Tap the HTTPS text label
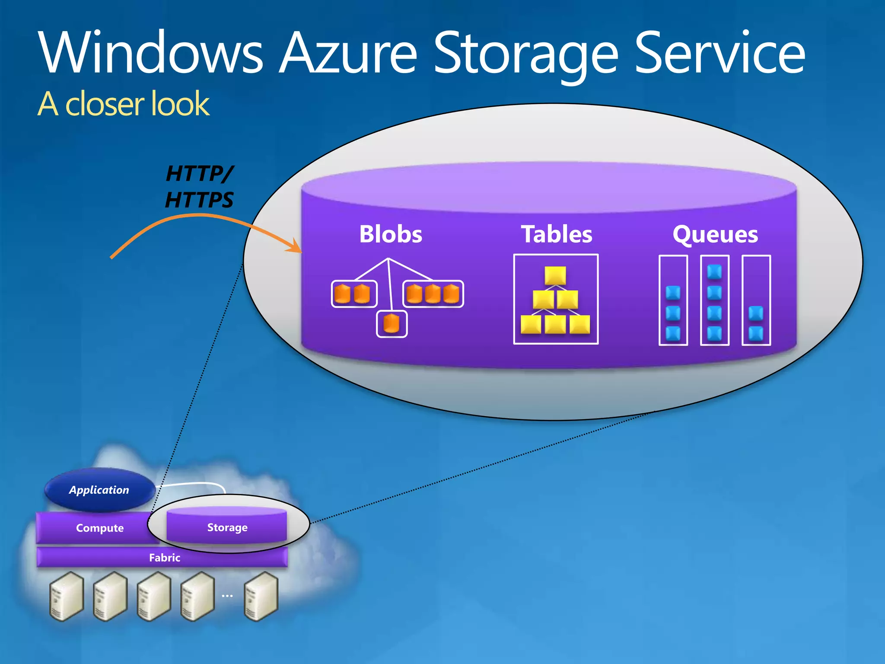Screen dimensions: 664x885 (199, 200)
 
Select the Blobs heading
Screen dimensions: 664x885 (391, 234)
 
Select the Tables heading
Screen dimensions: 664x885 (556, 234)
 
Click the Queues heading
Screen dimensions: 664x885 (715, 235)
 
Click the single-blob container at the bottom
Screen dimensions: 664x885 (392, 324)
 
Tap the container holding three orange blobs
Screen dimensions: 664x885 (433, 294)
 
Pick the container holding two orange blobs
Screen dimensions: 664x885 (354, 294)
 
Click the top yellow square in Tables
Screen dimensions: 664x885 (555, 275)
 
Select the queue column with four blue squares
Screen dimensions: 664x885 (714, 300)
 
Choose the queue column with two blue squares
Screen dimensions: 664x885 (756, 300)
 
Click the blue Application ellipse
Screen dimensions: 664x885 (99, 490)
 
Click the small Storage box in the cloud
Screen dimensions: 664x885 (227, 527)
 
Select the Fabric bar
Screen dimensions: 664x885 (164, 557)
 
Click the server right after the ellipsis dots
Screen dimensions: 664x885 (261, 596)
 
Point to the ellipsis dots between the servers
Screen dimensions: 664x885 (227, 596)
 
